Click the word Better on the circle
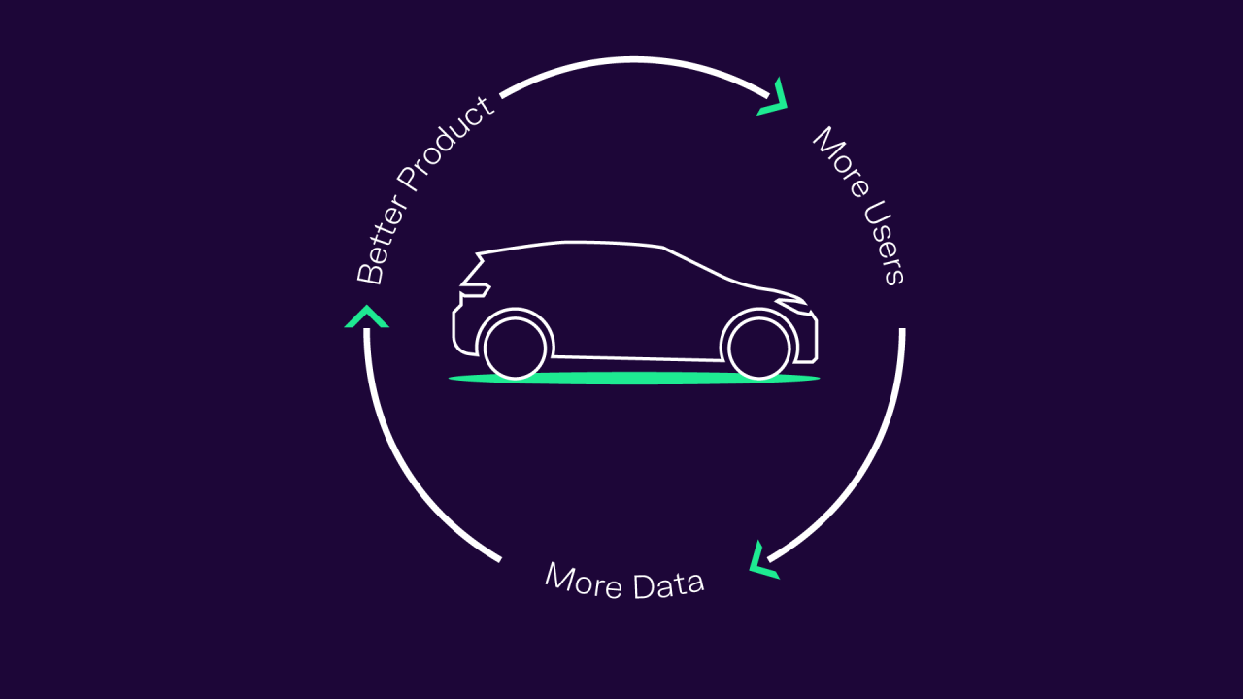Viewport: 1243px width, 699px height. coord(383,239)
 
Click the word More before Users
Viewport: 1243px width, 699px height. coord(841,161)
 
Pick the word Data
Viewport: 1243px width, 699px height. coord(669,584)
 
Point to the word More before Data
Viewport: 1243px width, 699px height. coord(584,581)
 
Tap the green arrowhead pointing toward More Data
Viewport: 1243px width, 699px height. coord(763,560)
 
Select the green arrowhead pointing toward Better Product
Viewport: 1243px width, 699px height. coord(367,316)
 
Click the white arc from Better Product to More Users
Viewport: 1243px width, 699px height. coord(634,59)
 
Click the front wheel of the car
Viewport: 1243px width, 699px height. coord(758,348)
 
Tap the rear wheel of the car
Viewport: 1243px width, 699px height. coord(515,348)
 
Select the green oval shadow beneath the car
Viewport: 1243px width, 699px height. coord(634,379)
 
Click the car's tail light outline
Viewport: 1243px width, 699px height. coord(475,290)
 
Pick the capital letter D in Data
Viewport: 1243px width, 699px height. coord(643,587)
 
